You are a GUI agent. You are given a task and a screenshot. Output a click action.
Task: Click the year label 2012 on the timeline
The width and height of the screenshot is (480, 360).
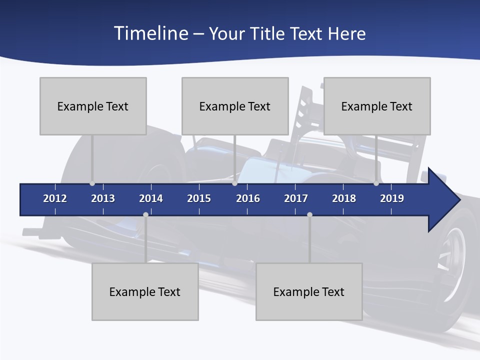[55, 198]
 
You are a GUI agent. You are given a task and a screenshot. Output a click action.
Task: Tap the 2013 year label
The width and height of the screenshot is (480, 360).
[103, 198]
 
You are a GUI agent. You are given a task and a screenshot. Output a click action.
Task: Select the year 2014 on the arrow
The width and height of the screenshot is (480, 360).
[151, 198]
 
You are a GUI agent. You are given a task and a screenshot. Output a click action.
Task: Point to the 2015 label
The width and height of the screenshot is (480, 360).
[199, 198]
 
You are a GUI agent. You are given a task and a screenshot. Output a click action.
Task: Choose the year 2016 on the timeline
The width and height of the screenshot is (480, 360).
[248, 198]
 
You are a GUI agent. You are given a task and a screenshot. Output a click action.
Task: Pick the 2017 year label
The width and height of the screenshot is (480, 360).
[296, 198]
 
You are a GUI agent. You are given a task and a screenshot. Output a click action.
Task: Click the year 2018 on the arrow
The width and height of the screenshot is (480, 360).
[344, 198]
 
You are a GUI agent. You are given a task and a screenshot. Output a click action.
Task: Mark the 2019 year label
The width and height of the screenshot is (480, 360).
[392, 198]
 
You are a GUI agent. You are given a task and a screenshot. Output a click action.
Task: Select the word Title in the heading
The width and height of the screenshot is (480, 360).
[269, 33]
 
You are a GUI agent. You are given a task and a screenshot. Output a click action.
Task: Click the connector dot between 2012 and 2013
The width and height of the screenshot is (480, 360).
[92, 183]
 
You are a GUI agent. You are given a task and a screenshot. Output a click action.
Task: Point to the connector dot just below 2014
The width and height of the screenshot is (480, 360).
[145, 214]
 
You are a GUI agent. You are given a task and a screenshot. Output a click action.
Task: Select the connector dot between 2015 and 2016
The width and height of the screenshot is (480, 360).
[234, 183]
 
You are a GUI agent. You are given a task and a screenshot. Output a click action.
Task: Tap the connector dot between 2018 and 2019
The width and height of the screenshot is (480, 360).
[376, 183]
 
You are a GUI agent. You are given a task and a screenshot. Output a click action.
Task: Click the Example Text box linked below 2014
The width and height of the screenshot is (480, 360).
[145, 291]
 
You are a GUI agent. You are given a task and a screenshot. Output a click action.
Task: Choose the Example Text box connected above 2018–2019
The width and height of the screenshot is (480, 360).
[377, 106]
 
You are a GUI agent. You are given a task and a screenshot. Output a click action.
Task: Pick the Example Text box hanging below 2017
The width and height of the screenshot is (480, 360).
[309, 291]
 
